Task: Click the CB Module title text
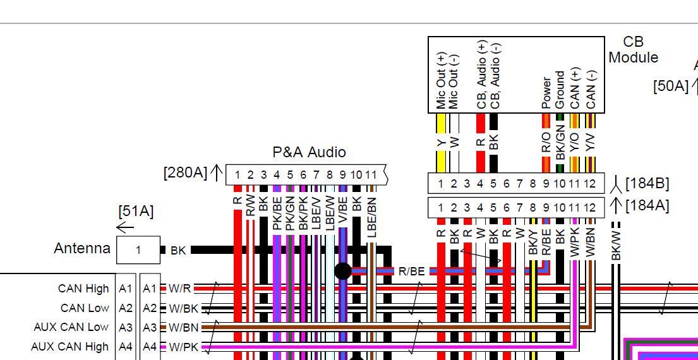633,50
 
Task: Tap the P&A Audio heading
309,152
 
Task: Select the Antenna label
82,248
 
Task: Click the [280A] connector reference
185,172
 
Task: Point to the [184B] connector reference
647,183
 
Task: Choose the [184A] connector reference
647,205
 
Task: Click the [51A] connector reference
136,211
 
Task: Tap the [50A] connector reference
671,86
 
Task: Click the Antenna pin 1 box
138,250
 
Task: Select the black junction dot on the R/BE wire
342,271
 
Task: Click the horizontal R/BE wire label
411,272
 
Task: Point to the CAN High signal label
83,289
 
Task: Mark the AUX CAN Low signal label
71,327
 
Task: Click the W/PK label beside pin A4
183,347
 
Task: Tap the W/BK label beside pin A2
183,308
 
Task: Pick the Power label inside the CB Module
546,92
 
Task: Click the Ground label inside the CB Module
560,89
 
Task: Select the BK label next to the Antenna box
178,251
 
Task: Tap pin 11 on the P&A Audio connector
371,175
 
